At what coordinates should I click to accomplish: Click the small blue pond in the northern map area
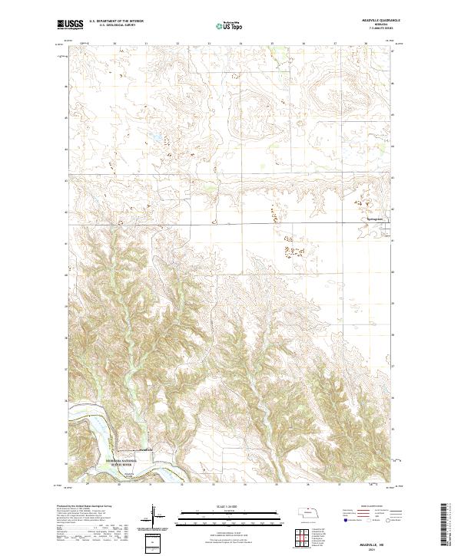click(x=151, y=140)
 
